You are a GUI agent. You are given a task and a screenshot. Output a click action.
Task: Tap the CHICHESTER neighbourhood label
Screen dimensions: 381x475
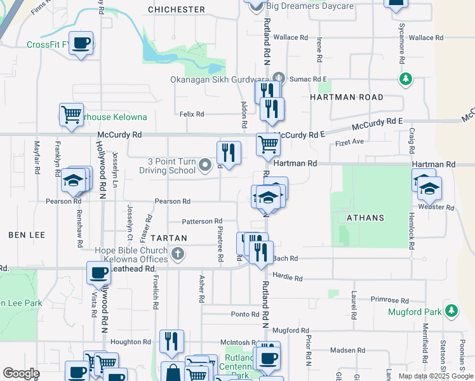177,10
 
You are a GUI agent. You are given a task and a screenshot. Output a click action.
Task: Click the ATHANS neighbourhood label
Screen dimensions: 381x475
365,218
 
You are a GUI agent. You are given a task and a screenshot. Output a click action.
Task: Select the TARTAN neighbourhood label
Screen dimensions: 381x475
168,238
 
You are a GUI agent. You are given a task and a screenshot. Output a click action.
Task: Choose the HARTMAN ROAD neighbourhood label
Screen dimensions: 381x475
347,97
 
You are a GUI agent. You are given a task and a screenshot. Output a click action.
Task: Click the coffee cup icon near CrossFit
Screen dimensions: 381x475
81,43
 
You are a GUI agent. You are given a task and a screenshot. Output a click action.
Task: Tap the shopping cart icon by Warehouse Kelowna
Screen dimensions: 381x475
71,115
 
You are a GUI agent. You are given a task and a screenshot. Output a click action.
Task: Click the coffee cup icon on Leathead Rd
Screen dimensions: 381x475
98,273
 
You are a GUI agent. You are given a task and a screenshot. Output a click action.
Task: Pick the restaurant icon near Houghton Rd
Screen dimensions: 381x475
171,341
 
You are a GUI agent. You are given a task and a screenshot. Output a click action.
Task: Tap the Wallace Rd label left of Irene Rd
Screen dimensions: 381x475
290,37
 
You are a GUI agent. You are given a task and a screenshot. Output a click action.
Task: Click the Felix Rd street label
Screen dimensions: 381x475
192,114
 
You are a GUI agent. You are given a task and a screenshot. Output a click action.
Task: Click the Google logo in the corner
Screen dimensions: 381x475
21,373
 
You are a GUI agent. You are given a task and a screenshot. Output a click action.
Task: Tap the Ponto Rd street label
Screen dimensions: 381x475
246,314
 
